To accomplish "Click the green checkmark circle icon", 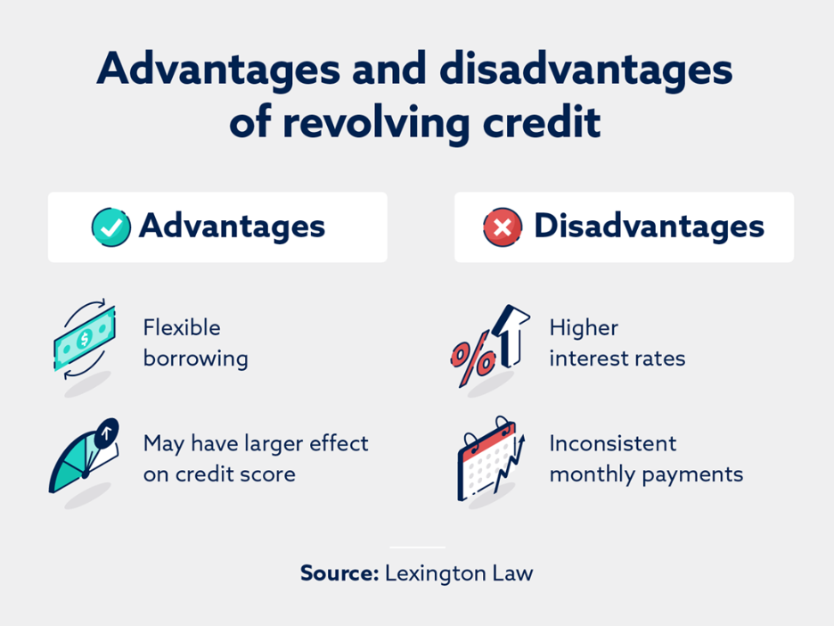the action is point(110,227).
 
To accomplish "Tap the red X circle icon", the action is point(503,227).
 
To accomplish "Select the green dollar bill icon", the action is point(85,339).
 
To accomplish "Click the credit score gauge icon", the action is point(84,456).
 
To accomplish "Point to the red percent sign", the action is point(472,358).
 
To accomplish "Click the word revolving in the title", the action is point(377,123).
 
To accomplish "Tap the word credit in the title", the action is point(542,122).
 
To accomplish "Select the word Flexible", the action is point(182,327).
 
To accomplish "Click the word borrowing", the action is point(195,359).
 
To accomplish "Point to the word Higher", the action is point(584,328).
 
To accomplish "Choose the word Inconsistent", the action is point(613,443).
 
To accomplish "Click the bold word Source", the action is point(339,573).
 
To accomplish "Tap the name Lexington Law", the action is point(459,574).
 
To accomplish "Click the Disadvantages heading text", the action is point(649,227).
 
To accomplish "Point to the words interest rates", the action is point(617,358).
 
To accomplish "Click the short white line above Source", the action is point(417,548).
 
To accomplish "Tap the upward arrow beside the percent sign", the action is point(511,335).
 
